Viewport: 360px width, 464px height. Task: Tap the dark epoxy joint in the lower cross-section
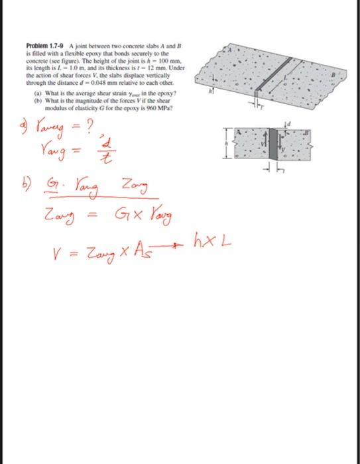[271, 146]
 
